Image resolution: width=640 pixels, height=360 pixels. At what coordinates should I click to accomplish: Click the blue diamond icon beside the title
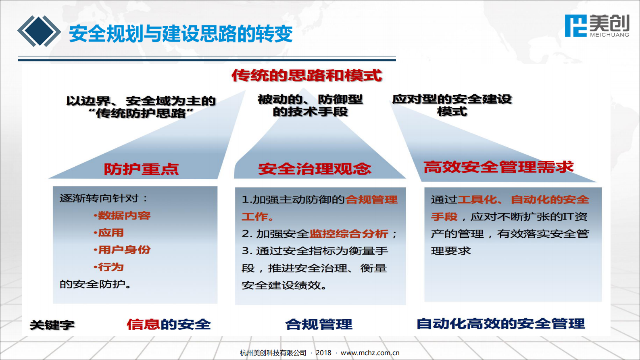39,31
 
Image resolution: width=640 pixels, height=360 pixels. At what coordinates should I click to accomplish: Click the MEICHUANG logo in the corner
597,26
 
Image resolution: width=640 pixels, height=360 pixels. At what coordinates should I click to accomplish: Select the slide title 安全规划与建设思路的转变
181,34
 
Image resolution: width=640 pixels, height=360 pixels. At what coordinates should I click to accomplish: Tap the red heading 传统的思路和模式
306,75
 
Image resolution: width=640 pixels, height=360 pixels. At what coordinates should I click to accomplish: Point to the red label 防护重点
141,169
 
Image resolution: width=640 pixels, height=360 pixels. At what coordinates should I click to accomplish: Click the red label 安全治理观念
315,169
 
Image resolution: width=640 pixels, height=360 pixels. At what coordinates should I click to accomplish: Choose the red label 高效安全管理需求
498,167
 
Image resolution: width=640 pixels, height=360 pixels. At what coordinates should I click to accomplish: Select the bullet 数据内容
122,215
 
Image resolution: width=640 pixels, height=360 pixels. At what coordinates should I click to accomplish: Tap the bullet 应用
109,233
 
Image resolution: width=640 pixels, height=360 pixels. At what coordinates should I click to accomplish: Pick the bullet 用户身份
122,250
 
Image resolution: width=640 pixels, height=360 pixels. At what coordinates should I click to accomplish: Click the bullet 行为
109,267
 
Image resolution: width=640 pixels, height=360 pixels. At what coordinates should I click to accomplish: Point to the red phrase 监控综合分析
349,234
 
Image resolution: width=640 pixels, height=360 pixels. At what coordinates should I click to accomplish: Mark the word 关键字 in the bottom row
52,325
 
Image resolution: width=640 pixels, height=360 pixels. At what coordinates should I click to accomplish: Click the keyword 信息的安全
169,324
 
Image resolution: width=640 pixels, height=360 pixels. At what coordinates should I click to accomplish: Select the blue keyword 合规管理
319,324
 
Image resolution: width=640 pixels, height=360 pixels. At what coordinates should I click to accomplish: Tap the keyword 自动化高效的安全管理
501,324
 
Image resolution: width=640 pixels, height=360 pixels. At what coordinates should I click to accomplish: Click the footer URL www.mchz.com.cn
370,353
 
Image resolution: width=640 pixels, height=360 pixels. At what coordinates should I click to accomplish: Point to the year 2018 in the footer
323,353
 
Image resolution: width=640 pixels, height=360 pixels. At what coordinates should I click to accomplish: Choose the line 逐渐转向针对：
104,198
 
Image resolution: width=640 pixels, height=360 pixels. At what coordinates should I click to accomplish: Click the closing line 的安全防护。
95,284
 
